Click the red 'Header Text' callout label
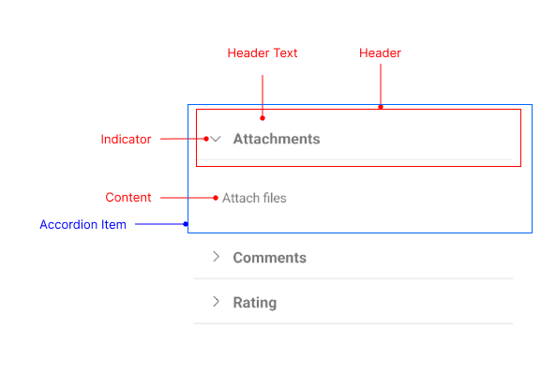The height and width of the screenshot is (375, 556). [263, 53]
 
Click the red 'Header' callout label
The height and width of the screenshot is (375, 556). [380, 53]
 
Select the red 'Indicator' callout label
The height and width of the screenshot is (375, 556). [126, 140]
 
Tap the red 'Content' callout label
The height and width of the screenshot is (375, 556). [128, 198]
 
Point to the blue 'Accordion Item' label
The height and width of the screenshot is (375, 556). [83, 225]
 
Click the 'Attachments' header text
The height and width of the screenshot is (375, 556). [276, 140]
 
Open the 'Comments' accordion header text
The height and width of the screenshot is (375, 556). [269, 258]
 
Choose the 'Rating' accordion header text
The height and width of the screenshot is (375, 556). [254, 303]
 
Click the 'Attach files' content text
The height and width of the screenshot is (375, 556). [254, 198]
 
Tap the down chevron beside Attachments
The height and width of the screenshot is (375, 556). [216, 140]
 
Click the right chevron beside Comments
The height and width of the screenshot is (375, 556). [216, 257]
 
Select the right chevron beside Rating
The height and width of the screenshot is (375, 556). [216, 302]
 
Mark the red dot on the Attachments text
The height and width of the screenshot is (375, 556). [263, 118]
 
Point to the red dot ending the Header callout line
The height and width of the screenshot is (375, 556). [380, 107]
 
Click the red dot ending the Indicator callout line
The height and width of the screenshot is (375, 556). [206, 140]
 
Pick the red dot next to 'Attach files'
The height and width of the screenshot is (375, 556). [216, 198]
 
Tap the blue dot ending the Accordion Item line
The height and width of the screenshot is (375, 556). [187, 224]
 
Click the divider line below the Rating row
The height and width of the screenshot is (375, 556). [353, 323]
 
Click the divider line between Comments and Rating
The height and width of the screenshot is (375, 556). [353, 278]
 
